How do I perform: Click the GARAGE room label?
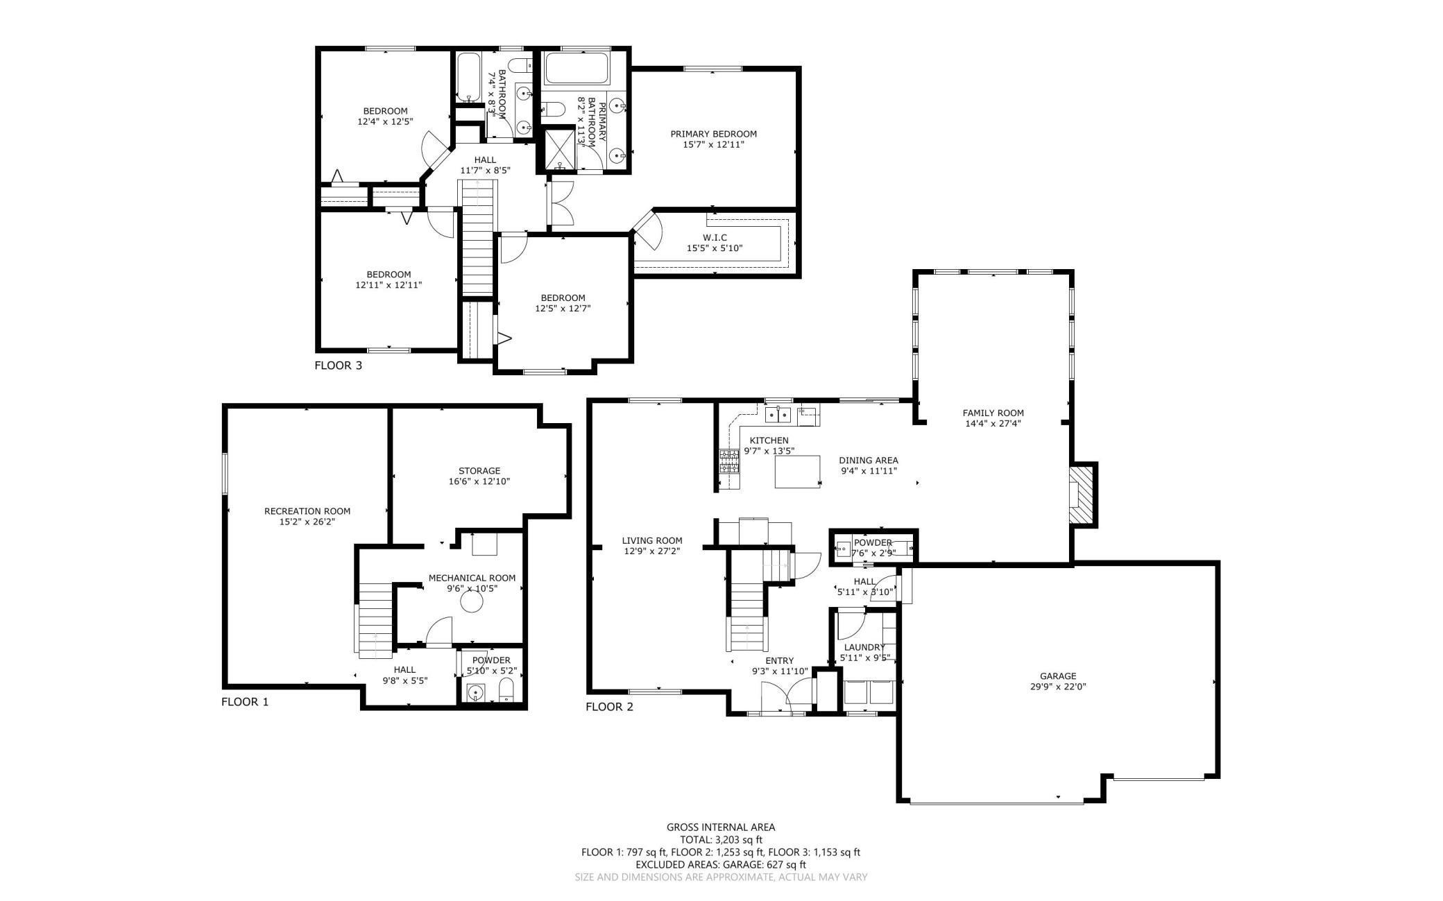[x=1057, y=676]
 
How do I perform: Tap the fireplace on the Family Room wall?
[x=1081, y=495]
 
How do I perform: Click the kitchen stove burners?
[x=729, y=461]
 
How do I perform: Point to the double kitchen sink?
[x=778, y=415]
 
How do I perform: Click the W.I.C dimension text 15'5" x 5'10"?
[x=715, y=248]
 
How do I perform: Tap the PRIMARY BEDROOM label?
[x=713, y=134]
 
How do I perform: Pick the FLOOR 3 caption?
[x=338, y=366]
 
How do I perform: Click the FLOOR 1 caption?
[x=244, y=702]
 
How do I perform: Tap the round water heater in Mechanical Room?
[x=472, y=603]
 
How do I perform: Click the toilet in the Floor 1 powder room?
[x=506, y=691]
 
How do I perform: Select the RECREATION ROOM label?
[x=307, y=511]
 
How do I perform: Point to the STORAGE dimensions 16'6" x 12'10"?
[x=479, y=481]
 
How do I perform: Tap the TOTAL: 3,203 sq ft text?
[x=721, y=839]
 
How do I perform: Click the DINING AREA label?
[x=868, y=460]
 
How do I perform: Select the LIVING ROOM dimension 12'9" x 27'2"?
[x=651, y=551]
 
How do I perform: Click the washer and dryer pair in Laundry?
[x=869, y=692]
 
